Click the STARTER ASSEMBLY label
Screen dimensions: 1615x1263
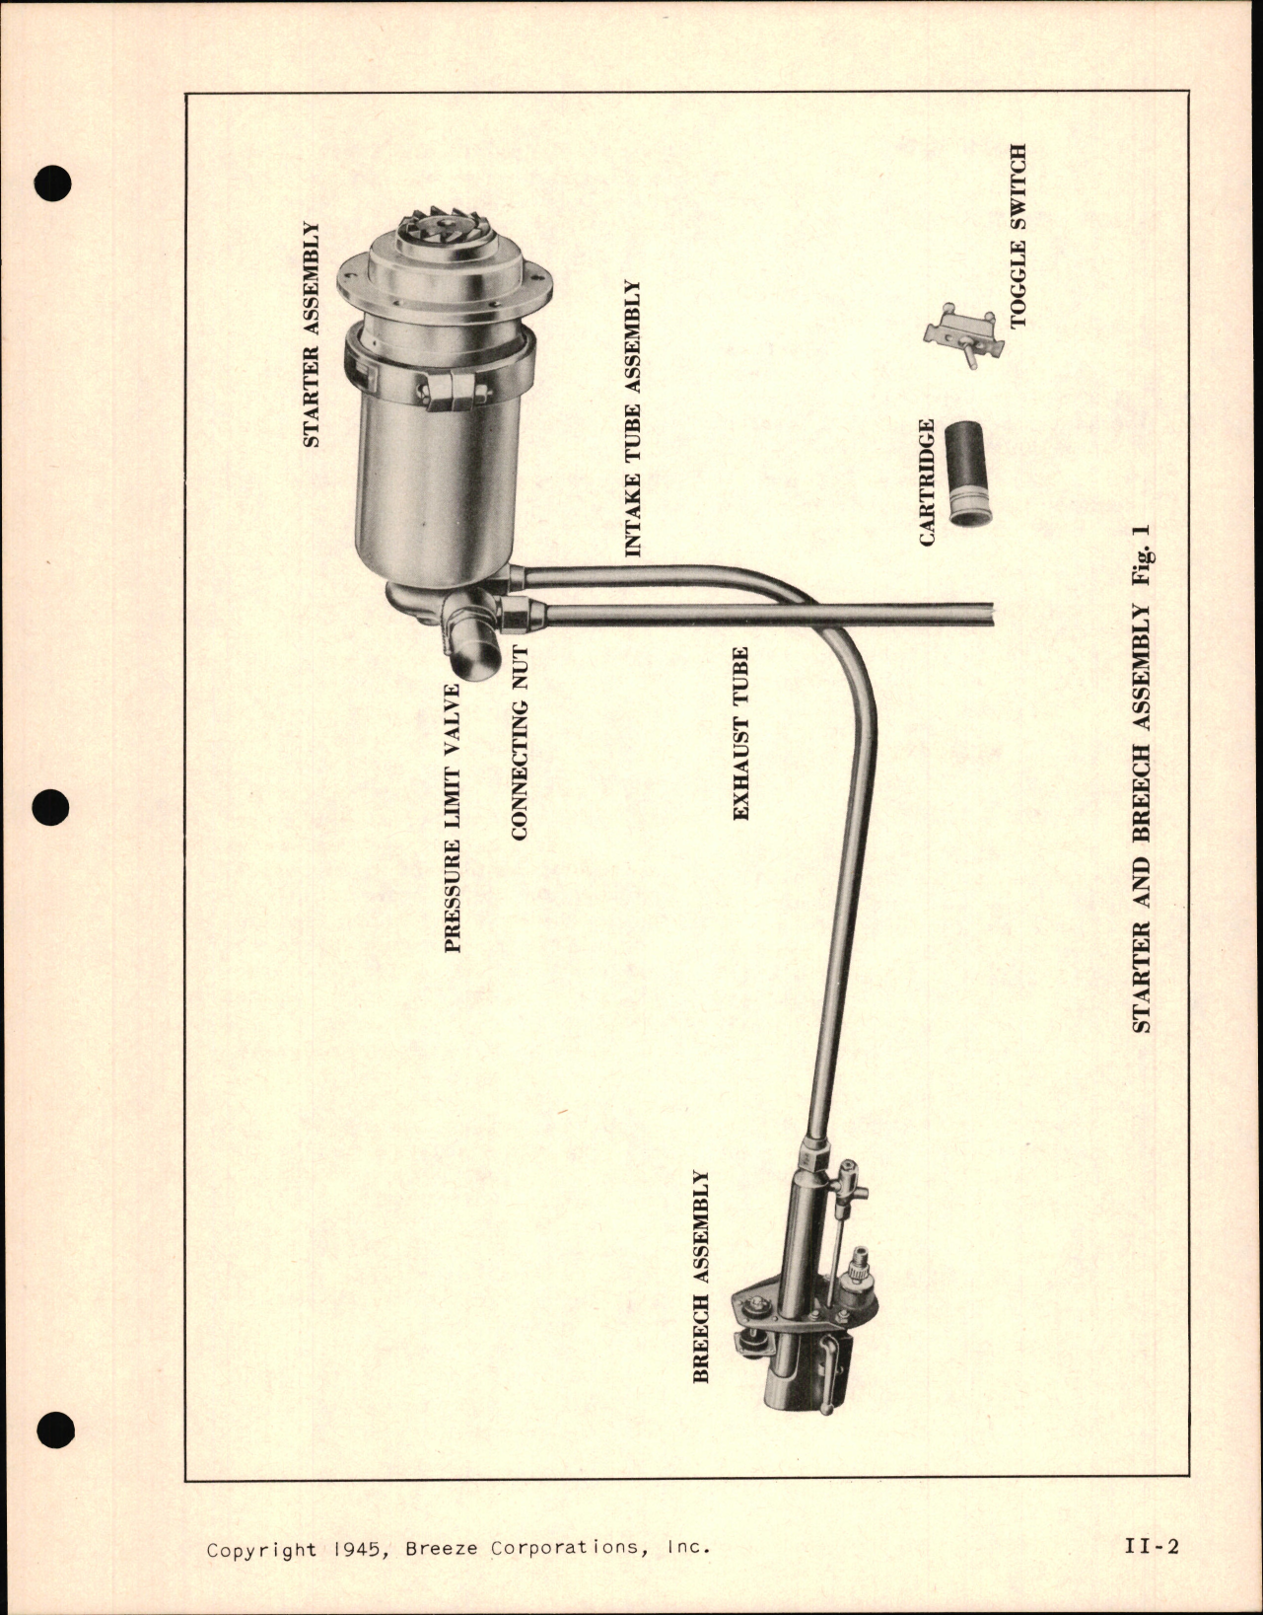312,334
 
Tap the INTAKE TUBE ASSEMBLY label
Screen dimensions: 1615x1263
633,418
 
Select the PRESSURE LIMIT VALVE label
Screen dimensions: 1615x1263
453,818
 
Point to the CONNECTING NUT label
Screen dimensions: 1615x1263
521,742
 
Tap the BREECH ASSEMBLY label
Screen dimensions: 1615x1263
701,1277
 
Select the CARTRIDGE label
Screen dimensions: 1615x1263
927,482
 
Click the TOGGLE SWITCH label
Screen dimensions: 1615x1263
1018,237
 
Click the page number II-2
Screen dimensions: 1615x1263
1151,1547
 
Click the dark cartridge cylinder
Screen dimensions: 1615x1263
970,473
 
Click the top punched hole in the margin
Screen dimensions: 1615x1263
52,184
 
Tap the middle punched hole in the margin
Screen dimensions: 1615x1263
52,808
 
